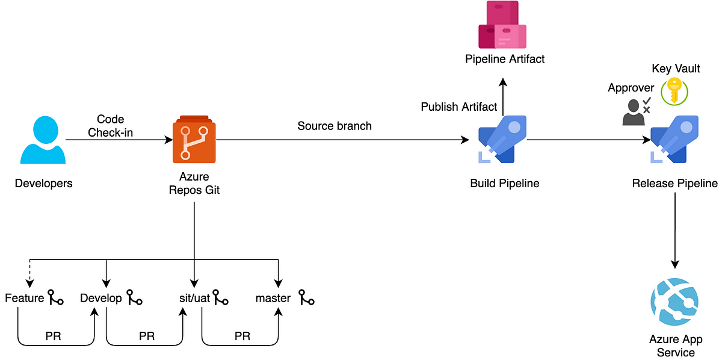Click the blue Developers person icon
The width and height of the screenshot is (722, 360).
[x=43, y=140]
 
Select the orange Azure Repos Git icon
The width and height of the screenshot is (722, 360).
[x=194, y=139]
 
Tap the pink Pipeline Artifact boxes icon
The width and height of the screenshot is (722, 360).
[x=502, y=25]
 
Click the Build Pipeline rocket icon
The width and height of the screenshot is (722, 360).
[x=502, y=139]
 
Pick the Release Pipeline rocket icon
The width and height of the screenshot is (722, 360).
[x=674, y=139]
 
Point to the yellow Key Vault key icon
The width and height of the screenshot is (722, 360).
[x=674, y=92]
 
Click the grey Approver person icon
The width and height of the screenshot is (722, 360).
[x=637, y=111]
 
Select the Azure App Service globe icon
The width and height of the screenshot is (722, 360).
[x=674, y=302]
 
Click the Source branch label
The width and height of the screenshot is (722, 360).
[x=335, y=126]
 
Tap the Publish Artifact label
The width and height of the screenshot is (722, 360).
[x=458, y=107]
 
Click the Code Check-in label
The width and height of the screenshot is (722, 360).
[x=110, y=126]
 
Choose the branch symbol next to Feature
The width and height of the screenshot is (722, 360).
[x=55, y=297]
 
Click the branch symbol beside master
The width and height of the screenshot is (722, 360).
[x=306, y=297]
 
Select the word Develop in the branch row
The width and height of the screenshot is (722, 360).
[x=101, y=298]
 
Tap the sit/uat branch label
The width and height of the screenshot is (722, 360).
[x=194, y=298]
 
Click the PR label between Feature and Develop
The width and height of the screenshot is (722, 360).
[x=53, y=336]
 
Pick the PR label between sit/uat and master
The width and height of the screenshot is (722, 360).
[x=242, y=336]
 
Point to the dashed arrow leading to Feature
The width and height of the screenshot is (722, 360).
[x=29, y=273]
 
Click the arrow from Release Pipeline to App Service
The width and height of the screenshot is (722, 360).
[x=675, y=231]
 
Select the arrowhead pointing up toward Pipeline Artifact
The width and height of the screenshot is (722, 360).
[x=503, y=82]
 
